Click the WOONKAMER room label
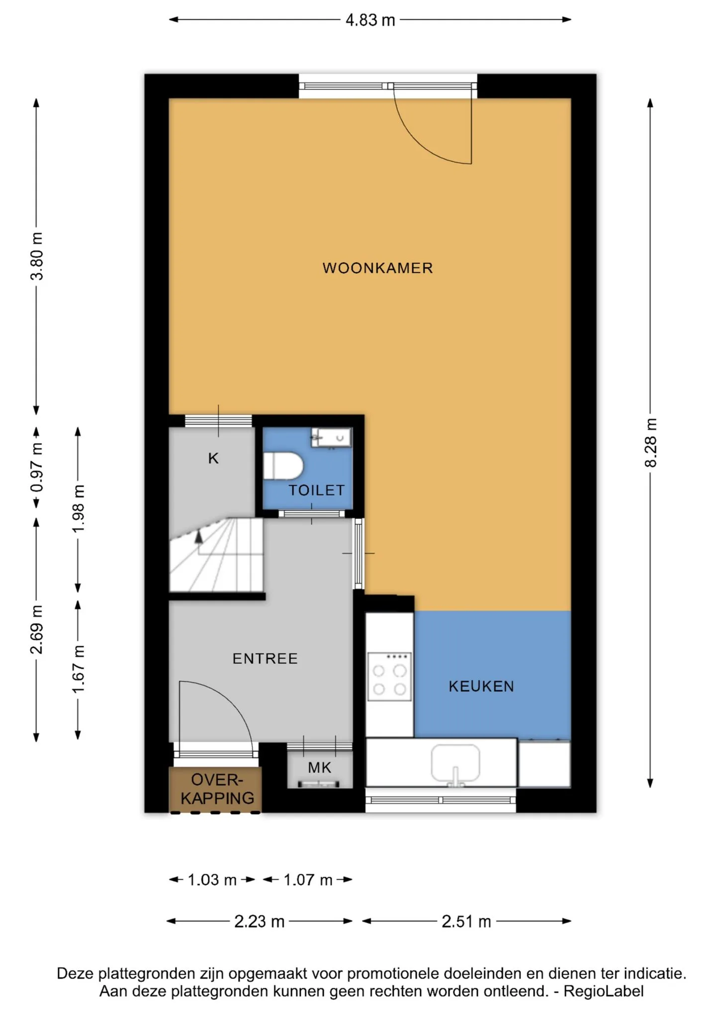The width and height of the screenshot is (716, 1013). click(377, 268)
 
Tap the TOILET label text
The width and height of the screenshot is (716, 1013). click(317, 490)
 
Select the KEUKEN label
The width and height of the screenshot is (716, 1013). click(481, 687)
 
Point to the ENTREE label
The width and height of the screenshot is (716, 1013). click(265, 659)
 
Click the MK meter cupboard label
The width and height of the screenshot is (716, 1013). click(319, 768)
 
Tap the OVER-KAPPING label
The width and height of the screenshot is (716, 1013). click(217, 789)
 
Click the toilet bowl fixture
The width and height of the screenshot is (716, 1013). click(282, 466)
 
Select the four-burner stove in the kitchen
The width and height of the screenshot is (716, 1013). click(389, 677)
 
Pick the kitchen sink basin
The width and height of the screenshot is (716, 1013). click(455, 763)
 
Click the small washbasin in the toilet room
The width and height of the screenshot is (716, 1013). click(331, 438)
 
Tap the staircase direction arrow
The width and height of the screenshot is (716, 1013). click(199, 537)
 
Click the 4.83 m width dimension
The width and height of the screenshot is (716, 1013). click(370, 20)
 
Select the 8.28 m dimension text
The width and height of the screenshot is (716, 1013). click(650, 443)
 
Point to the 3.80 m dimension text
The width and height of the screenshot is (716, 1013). click(37, 256)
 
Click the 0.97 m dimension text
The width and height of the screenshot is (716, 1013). click(37, 468)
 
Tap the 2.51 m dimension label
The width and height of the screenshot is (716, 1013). click(466, 921)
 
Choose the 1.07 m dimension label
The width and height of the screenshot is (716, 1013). click(308, 880)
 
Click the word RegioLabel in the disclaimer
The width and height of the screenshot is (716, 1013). click(604, 991)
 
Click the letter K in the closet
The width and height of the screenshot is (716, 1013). click(213, 458)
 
